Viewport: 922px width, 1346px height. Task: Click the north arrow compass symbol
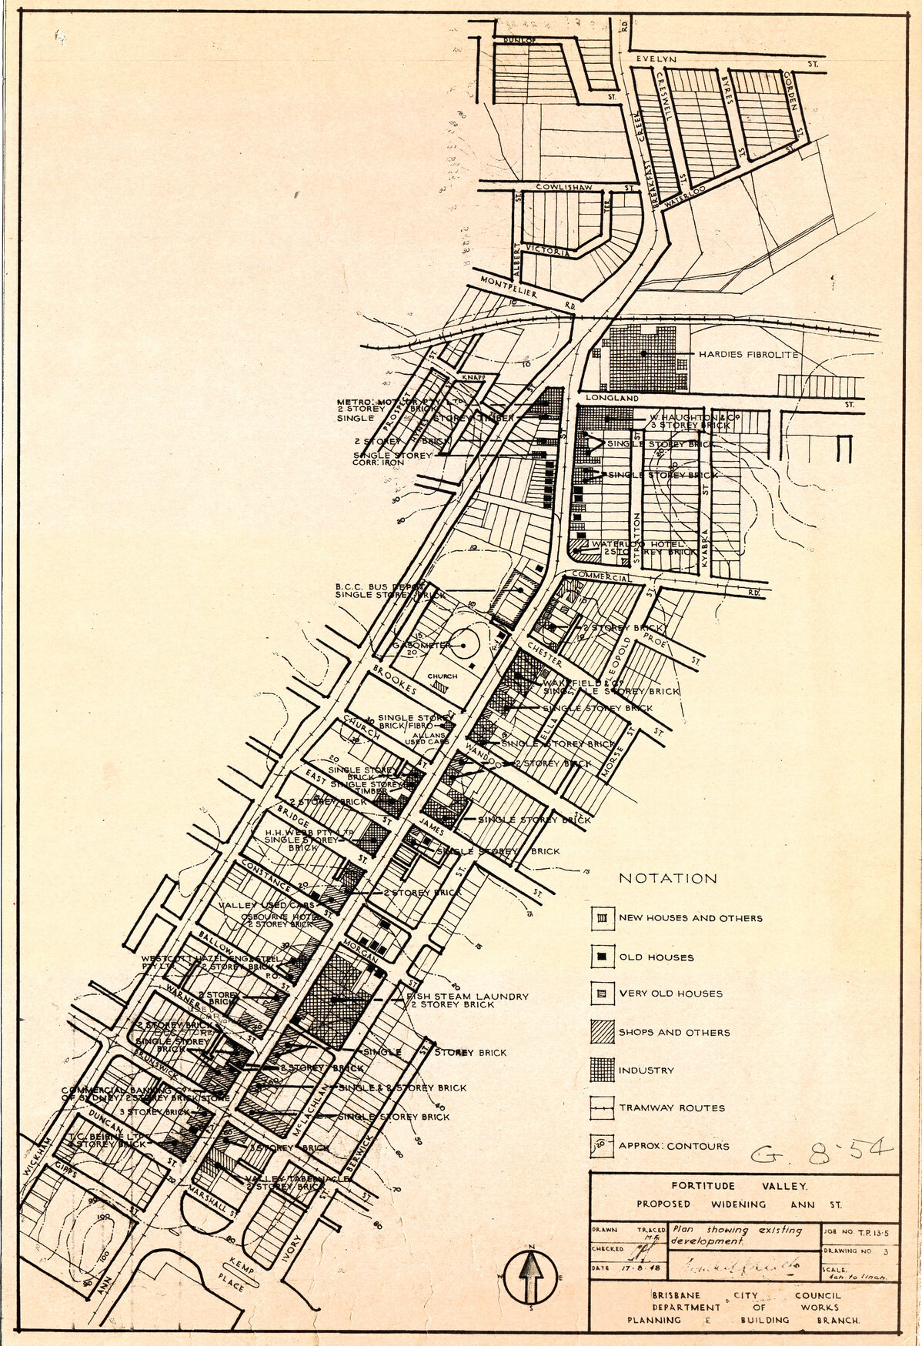click(530, 1278)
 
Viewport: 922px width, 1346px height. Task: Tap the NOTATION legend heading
click(667, 878)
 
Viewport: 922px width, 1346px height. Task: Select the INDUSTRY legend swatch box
click(602, 1070)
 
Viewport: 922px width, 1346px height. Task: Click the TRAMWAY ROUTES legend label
click(672, 1108)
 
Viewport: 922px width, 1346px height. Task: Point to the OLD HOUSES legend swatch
click(602, 957)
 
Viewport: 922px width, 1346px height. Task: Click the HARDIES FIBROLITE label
click(747, 355)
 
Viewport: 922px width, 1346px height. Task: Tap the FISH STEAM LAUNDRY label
click(467, 997)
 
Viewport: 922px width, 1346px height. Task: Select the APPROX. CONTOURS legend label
click(673, 1146)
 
